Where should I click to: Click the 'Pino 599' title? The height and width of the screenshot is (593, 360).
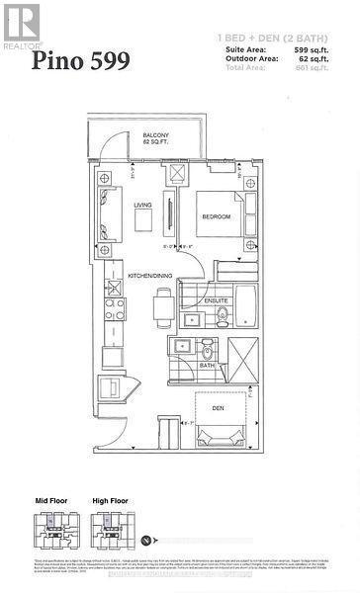click(x=80, y=62)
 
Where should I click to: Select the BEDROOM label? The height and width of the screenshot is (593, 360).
click(x=216, y=216)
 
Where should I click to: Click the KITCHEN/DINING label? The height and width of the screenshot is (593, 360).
click(x=150, y=276)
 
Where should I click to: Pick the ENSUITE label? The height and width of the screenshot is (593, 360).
click(x=217, y=299)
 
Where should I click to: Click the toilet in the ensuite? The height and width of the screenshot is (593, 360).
click(x=222, y=315)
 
